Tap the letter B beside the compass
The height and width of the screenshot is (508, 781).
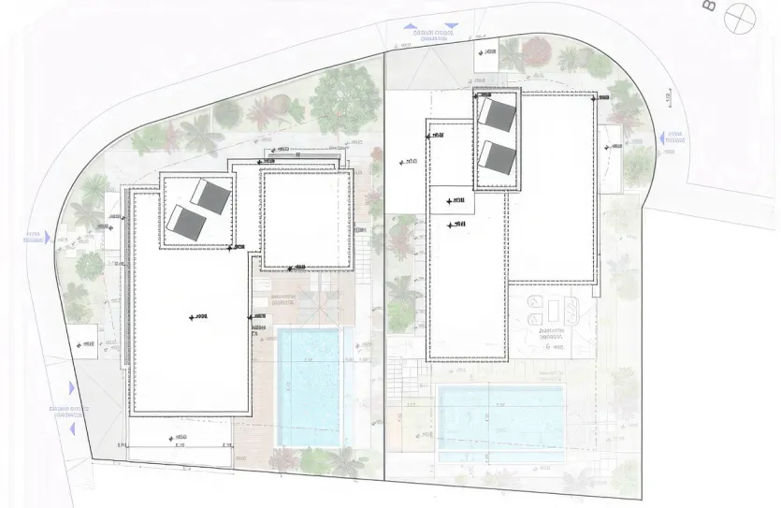(x=707, y=7)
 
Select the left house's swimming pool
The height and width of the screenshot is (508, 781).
(x=311, y=386)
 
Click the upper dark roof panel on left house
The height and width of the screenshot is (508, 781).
(x=212, y=196)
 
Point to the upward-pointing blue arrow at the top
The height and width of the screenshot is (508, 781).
(x=412, y=28)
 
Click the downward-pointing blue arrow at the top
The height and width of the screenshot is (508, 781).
(x=452, y=28)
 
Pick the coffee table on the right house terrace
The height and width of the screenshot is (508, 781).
(x=550, y=310)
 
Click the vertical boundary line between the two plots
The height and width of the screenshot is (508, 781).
(x=385, y=281)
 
